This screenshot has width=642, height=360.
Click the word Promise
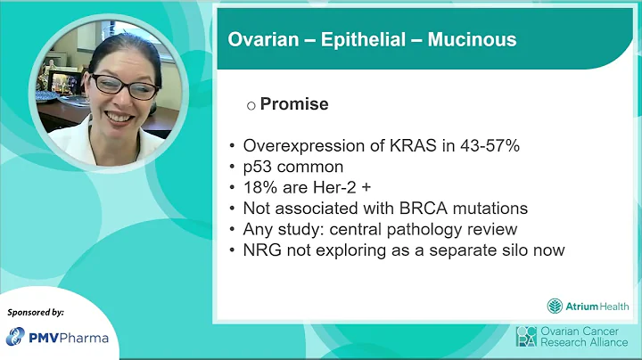(x=294, y=104)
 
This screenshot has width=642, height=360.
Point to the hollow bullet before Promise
(x=251, y=105)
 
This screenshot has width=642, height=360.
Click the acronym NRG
(x=262, y=250)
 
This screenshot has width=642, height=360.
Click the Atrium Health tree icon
(x=555, y=306)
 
